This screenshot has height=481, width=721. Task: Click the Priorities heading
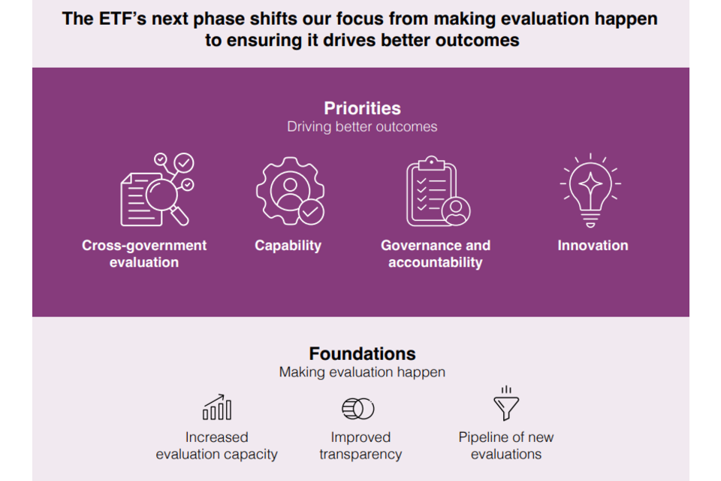pos(362,108)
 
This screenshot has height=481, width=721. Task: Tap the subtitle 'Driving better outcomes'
pos(362,126)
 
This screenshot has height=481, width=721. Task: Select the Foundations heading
pos(362,353)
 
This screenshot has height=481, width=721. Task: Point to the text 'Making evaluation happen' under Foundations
pos(362,372)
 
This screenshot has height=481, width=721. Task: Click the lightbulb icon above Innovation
pos(590,190)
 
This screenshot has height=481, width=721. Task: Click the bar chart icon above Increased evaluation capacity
pos(217,407)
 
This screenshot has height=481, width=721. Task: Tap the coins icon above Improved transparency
pos(358,408)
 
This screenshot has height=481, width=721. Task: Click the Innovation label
pos(593,245)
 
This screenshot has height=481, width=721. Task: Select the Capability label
pos(288,246)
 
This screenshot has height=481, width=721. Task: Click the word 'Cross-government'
pos(144,246)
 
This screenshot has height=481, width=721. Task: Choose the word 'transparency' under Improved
pos(360,454)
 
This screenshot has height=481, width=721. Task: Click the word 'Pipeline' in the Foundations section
pos(483,437)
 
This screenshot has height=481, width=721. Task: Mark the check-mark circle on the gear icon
pos(311,212)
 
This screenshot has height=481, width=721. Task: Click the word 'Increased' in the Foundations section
pos(216,437)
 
